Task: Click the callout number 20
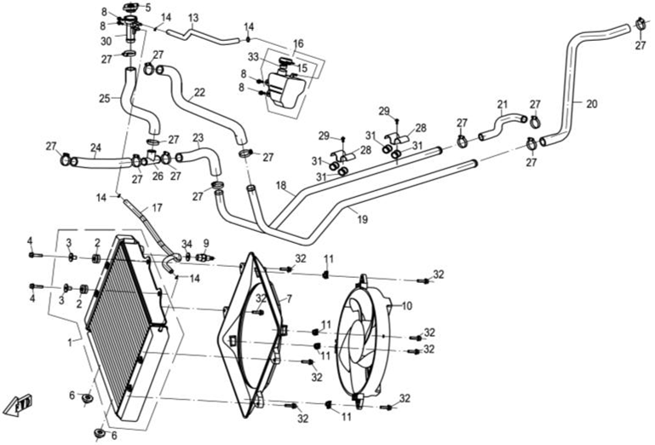(592, 103)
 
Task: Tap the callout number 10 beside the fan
(406, 305)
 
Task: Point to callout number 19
(363, 219)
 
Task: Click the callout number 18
(281, 185)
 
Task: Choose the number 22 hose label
(199, 92)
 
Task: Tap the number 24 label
(96, 147)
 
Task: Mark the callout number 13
(193, 18)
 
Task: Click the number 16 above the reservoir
(298, 43)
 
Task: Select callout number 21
(503, 105)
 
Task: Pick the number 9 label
(205, 243)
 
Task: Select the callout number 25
(105, 99)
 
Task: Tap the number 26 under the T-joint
(157, 176)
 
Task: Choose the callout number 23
(198, 136)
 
